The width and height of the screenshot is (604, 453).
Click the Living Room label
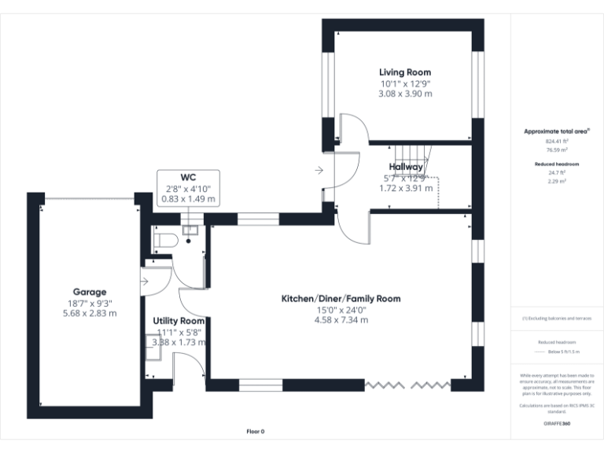click(x=405, y=72)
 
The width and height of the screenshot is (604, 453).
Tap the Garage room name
click(x=90, y=292)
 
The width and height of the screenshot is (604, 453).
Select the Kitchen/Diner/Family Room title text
click(x=341, y=299)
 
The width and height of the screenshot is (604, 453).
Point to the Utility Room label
click(x=179, y=321)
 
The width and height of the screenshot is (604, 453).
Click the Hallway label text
click(x=405, y=167)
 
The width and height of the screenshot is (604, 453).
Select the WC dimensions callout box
click(x=188, y=189)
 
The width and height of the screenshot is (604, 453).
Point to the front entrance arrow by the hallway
click(x=319, y=169)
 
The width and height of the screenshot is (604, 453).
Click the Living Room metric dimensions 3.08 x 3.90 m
click(x=405, y=94)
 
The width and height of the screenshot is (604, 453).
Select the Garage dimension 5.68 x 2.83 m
click(x=90, y=313)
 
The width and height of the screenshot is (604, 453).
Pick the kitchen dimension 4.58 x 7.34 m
click(x=341, y=320)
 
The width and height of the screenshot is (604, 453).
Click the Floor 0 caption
click(x=256, y=431)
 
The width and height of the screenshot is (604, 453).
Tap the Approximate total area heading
click(x=555, y=131)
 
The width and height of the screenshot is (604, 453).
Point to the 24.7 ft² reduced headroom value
click(x=557, y=173)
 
